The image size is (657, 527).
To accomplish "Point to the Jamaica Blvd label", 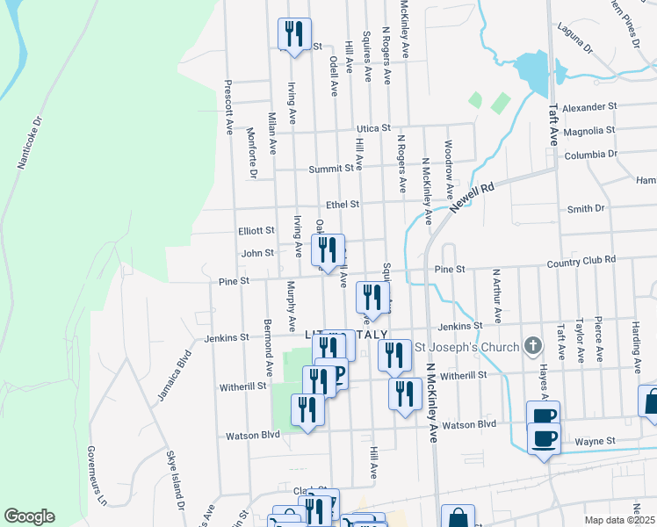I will (x=174, y=376).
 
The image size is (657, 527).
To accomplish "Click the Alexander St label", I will (x=591, y=107).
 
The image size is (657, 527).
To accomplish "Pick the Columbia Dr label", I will (x=592, y=155).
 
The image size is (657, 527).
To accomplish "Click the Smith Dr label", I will (x=586, y=209).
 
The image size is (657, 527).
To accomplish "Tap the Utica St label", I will (x=372, y=128).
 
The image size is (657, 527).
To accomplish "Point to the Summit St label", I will (x=335, y=168).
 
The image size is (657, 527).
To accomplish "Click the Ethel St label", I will (x=343, y=205).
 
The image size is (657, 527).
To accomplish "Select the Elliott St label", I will (x=256, y=231).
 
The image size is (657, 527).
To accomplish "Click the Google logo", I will (x=29, y=516).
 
